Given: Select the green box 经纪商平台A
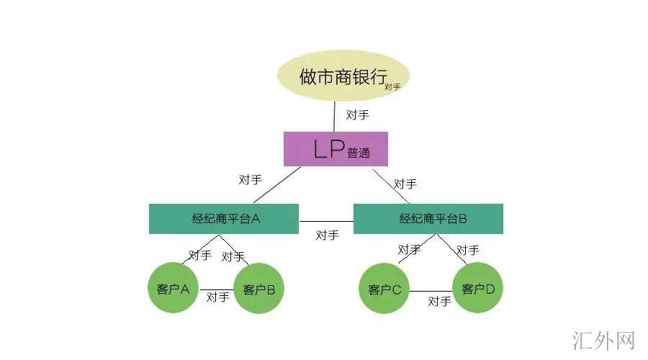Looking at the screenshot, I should point(224,219).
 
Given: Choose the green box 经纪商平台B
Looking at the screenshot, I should point(428,219).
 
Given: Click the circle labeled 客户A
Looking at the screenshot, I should point(173,289).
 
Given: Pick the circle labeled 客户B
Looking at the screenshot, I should point(260,289).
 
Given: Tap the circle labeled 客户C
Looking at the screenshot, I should point(384,289).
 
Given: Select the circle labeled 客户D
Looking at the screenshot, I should point(478,289).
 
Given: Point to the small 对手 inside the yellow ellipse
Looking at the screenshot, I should point(392,87).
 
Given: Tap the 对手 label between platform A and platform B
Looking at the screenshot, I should point(327,235).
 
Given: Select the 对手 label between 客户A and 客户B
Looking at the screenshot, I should point(217,296).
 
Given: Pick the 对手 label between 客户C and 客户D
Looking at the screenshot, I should point(439,301).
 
